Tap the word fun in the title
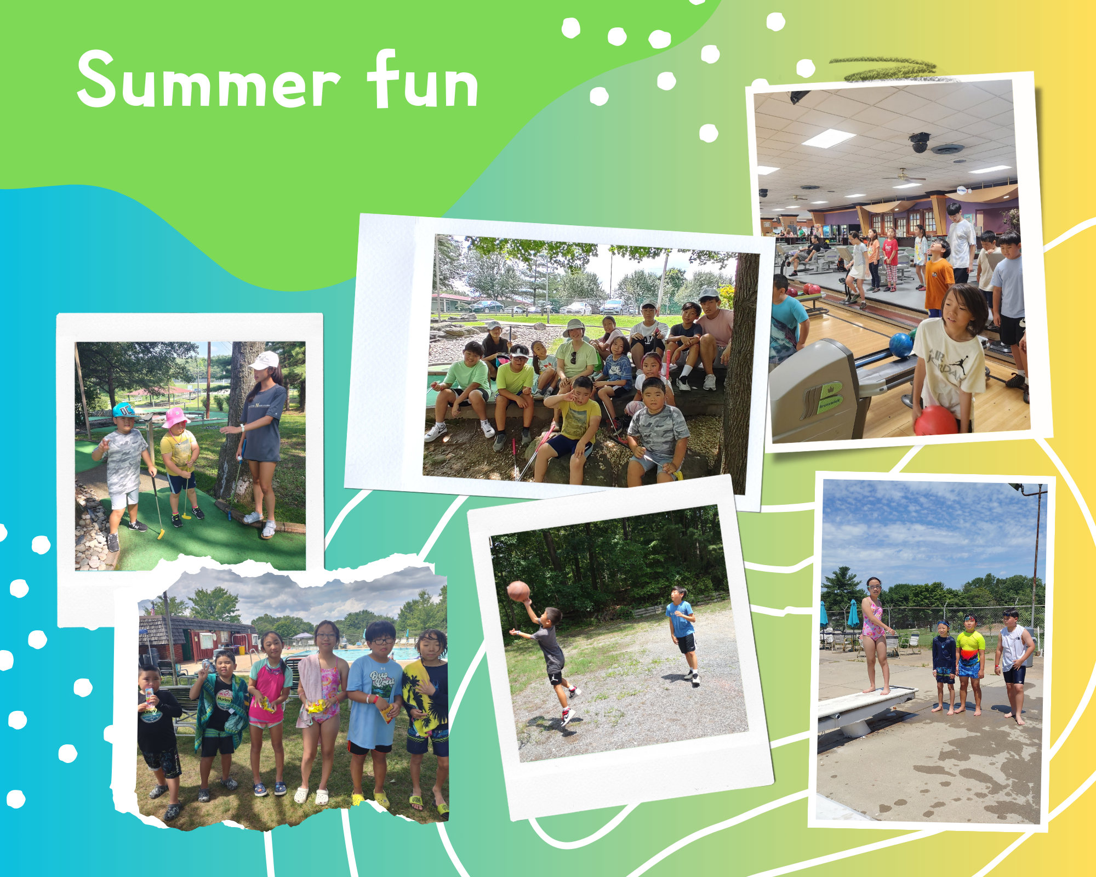coord(423,79)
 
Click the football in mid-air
coord(518,591)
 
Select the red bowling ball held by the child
coord(935,420)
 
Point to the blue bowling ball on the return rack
coord(900,345)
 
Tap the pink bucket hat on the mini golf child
coord(175,418)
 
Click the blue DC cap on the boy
coord(124,410)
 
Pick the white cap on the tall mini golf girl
coord(265,360)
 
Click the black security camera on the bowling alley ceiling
coord(919,143)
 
